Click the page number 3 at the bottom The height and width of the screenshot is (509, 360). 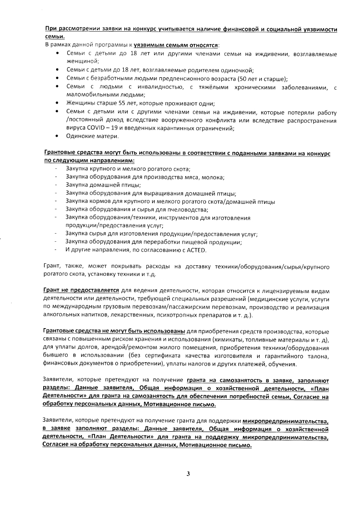(188, 474)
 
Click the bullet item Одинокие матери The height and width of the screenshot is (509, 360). (92, 136)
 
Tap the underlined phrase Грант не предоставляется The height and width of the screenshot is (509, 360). (81, 291)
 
